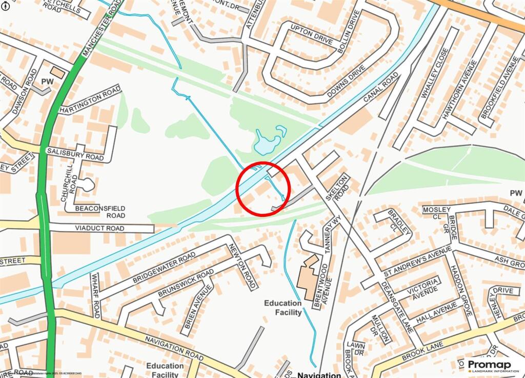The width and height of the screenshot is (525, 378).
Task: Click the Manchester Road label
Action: [x=102, y=29]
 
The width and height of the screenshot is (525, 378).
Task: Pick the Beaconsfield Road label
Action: [x=100, y=212]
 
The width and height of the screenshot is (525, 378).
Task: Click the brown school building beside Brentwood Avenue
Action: [x=308, y=277]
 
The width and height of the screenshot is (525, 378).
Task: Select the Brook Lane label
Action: [x=421, y=351]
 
